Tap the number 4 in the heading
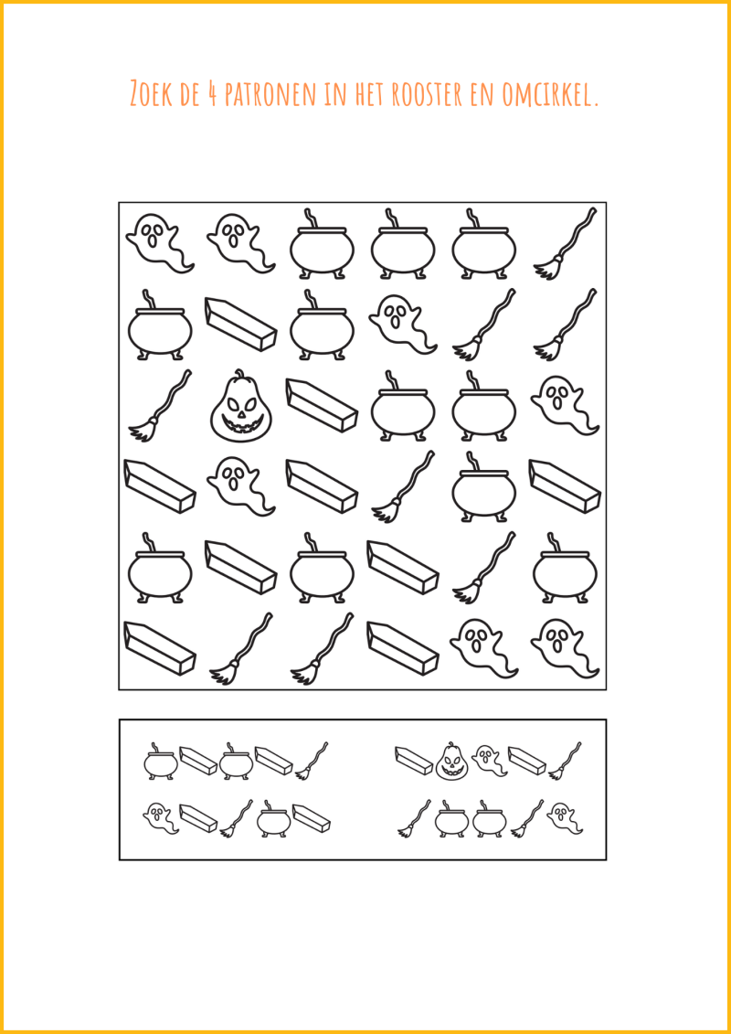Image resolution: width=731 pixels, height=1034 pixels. coord(213,94)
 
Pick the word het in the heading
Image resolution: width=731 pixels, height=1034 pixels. coord(370,94)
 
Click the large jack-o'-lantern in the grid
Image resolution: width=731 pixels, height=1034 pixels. coord(240,406)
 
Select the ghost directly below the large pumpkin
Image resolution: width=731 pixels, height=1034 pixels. coord(240,485)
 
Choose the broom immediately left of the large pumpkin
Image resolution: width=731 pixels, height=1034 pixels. coord(160,406)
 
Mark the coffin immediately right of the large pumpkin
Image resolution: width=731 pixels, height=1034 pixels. coord(322,405)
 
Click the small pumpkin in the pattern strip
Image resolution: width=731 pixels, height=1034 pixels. coord(451,761)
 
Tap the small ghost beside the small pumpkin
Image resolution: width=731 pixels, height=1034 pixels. coord(490,761)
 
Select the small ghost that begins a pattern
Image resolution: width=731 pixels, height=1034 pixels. coord(161,818)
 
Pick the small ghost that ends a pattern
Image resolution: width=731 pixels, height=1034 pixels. coord(565,818)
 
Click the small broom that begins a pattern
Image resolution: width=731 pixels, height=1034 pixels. coord(414,818)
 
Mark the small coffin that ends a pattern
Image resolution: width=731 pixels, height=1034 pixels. coord(311,817)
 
